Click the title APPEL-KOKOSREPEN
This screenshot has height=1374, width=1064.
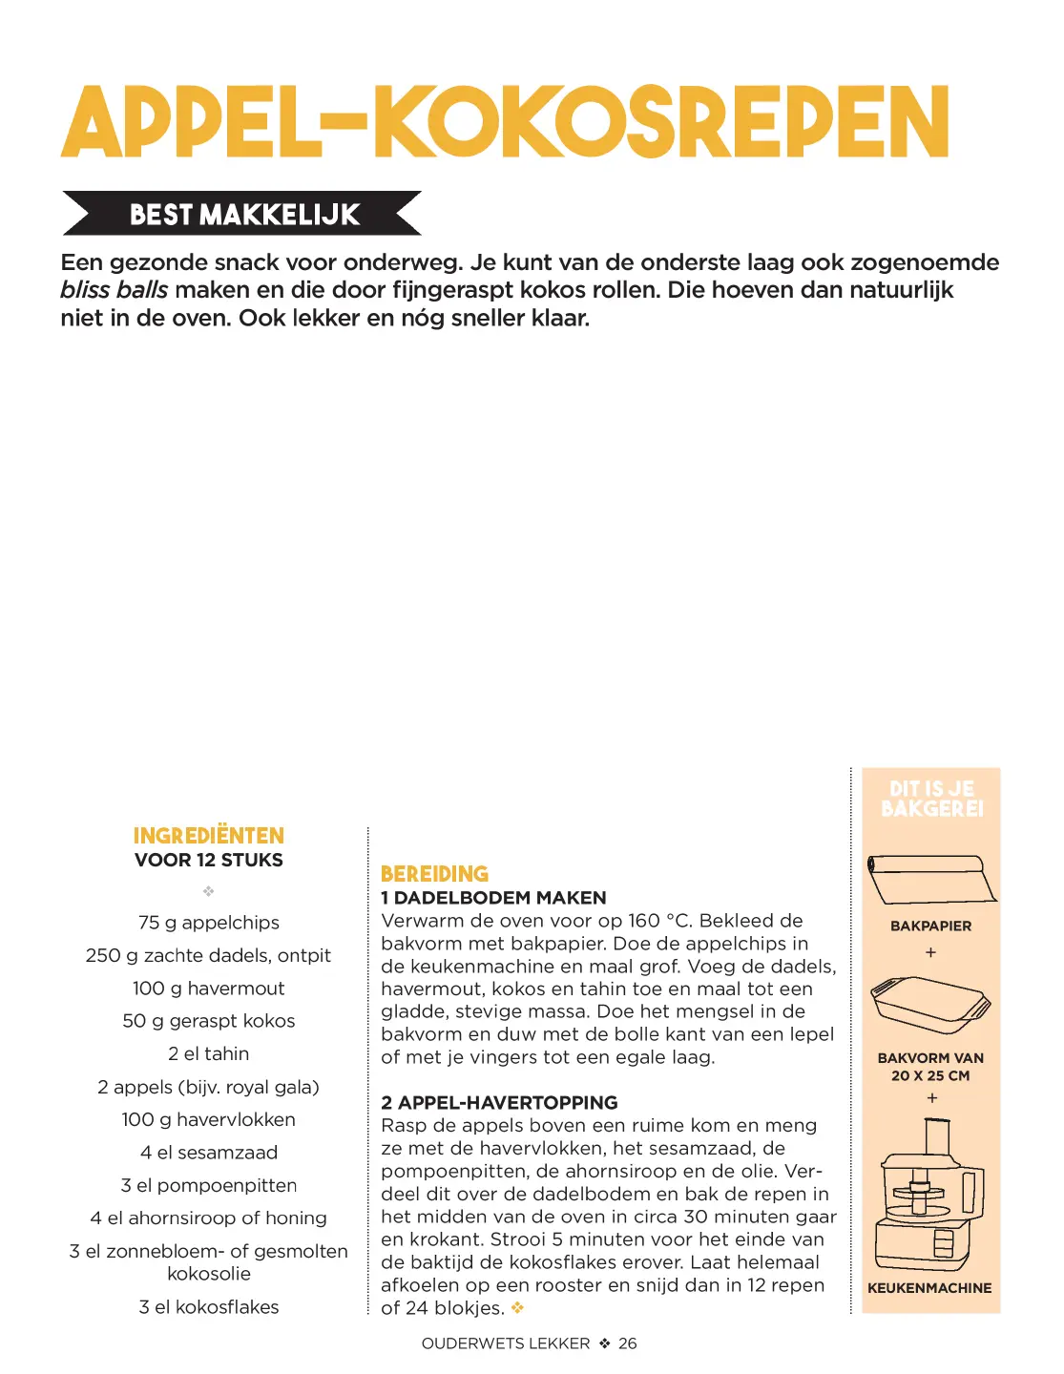click(x=505, y=122)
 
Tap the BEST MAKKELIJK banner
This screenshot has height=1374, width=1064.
click(x=244, y=214)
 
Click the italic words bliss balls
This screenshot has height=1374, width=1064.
click(x=114, y=290)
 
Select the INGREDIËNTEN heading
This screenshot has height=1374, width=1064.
click(x=209, y=836)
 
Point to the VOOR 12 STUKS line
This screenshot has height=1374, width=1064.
click(x=209, y=860)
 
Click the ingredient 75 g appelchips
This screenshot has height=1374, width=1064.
click(x=209, y=923)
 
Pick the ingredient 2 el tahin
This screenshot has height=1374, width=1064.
click(x=209, y=1053)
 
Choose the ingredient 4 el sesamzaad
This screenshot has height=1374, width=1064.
click(x=209, y=1153)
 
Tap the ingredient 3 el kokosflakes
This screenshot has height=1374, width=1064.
click(x=209, y=1307)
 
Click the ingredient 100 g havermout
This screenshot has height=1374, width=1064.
click(x=209, y=989)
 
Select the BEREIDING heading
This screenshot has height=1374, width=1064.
click(x=434, y=874)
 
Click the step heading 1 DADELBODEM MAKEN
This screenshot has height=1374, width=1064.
click(x=493, y=898)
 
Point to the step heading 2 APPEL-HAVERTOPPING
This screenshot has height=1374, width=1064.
click(x=499, y=1103)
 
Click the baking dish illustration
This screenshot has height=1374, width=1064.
click(x=930, y=1005)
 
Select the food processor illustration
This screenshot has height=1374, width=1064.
click(x=929, y=1197)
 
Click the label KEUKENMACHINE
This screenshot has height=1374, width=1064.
click(x=929, y=1288)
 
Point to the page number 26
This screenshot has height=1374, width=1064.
click(x=628, y=1343)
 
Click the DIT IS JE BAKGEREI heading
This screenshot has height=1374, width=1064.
click(x=931, y=799)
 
